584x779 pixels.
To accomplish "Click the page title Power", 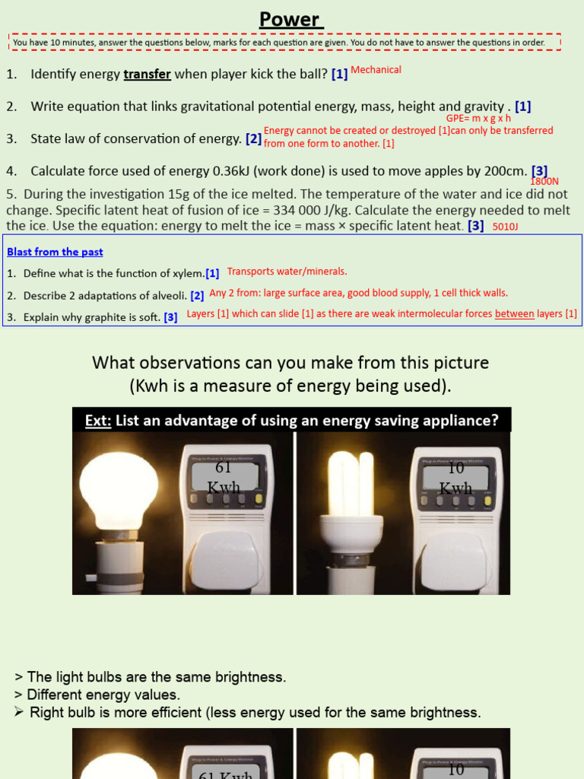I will coord(291,19).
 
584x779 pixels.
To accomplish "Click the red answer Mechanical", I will coord(376,70).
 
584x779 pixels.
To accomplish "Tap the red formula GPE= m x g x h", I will coord(478,119).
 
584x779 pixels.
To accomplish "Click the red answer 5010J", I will coord(506,227).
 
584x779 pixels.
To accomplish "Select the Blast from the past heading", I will coord(55,252).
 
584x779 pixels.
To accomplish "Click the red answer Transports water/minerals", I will coord(287,272).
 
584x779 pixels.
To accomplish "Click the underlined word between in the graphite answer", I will coord(515,313).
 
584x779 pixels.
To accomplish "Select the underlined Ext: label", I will coord(97,420).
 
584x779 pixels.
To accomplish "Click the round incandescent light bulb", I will coord(119,487).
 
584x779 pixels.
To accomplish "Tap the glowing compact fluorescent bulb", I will coord(355,487).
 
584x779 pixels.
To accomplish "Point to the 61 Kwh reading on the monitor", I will coord(223,478).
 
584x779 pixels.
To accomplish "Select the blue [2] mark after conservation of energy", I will coord(253,138).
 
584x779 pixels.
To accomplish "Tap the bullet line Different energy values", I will coord(103,695).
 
